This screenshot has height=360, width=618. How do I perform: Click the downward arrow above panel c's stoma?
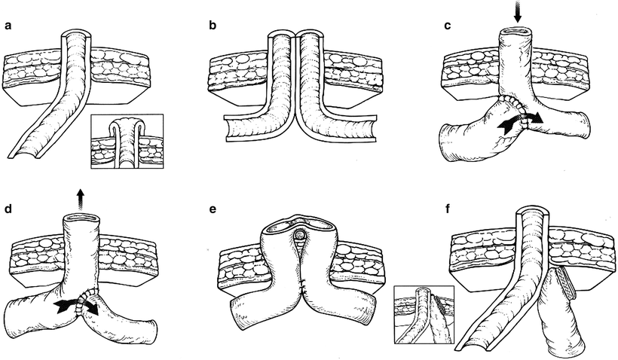[x=516, y=13]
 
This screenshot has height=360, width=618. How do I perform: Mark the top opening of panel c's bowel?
[x=516, y=32]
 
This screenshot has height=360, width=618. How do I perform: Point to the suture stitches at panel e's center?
[x=301, y=285]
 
